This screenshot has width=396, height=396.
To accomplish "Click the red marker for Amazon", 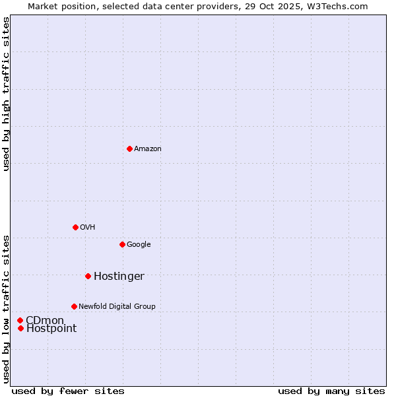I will (129, 148).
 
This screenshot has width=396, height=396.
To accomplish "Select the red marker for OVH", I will (75, 227).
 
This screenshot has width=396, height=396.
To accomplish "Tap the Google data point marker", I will (122, 244).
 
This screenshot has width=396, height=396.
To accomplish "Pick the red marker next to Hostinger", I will (88, 276).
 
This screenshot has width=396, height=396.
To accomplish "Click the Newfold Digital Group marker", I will (74, 306).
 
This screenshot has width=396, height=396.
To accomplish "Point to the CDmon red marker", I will (20, 320).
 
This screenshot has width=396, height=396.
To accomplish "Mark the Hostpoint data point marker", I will (20, 328).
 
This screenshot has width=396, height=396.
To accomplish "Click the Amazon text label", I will (147, 148).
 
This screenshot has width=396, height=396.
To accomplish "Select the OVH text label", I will (87, 227).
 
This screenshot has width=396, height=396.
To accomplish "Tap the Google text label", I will (139, 244).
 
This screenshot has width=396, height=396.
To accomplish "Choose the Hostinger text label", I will (119, 276).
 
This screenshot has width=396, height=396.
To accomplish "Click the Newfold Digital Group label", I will (117, 306).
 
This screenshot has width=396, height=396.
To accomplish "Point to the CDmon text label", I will (45, 320).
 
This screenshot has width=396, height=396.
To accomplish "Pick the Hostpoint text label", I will (51, 328).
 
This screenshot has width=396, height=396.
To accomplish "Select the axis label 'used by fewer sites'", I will (68, 391).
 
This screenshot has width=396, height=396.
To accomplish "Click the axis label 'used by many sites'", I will (331, 391).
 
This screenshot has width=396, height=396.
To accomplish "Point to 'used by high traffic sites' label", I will (6, 94).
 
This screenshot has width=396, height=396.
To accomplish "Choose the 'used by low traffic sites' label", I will (6, 308).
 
